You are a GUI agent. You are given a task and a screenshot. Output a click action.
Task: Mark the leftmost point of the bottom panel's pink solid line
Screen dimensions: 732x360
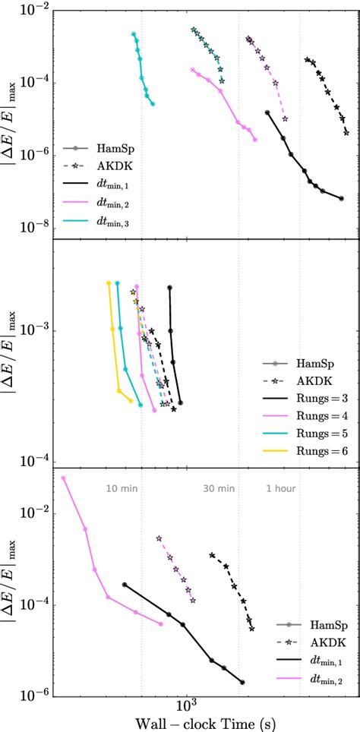[63, 478]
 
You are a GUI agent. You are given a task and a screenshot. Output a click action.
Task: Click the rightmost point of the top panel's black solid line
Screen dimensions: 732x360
[341, 198]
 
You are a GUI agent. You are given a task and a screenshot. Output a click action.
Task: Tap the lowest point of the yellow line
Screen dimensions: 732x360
[131, 401]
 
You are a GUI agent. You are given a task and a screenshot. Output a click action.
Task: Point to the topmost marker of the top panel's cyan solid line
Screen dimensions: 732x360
[134, 34]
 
